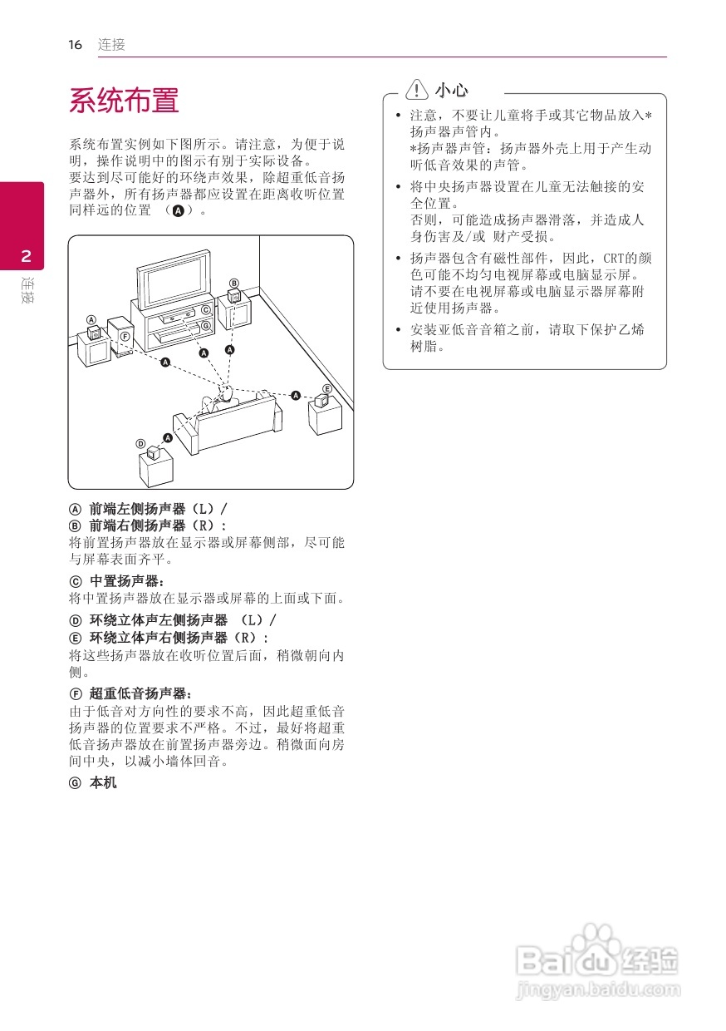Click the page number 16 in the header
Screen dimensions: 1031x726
pyautogui.click(x=76, y=45)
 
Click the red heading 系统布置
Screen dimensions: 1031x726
pyautogui.click(x=124, y=101)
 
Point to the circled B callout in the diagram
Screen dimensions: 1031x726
pyautogui.click(x=234, y=284)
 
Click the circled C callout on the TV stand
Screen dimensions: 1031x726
pyautogui.click(x=205, y=309)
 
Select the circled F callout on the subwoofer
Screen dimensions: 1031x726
pyautogui.click(x=124, y=335)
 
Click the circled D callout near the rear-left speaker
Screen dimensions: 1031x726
pyautogui.click(x=141, y=443)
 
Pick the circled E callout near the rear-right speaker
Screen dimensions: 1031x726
pyautogui.click(x=327, y=389)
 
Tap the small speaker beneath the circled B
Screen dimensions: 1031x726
pyautogui.click(x=234, y=296)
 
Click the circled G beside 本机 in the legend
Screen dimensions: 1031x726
pyautogui.click(x=75, y=782)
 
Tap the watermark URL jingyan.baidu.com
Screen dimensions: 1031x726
pyautogui.click(x=598, y=990)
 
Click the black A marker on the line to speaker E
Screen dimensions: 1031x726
pyautogui.click(x=296, y=396)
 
